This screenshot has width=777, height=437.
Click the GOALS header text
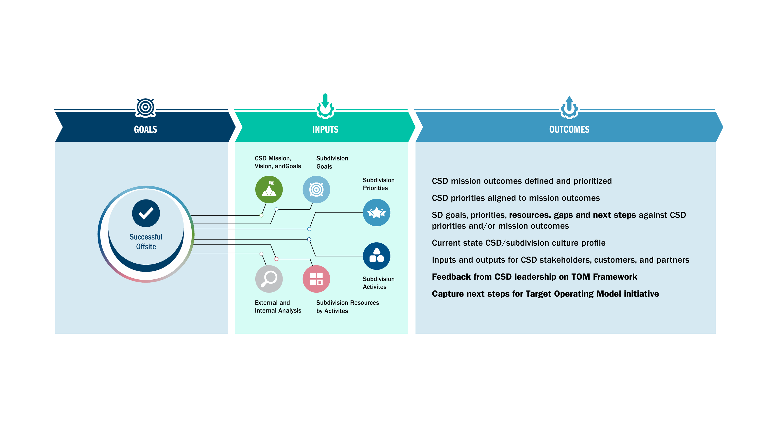145,129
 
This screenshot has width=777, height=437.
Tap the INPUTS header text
325,129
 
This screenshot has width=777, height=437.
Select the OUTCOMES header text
569,129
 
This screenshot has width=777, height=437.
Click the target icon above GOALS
145,108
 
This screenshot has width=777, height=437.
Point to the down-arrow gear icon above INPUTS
325,106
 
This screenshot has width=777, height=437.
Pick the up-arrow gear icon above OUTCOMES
569,107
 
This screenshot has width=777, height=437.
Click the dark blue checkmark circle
146,213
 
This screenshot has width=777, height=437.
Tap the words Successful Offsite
146,242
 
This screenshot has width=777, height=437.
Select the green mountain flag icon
269,189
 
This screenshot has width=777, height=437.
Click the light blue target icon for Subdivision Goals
316,189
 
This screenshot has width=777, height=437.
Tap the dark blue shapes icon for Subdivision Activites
376,256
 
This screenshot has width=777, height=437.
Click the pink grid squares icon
316,279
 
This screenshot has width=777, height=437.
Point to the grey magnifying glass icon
269,279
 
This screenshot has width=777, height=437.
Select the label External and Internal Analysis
278,307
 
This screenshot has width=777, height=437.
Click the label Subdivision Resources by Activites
347,307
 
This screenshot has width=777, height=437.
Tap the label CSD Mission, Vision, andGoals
278,162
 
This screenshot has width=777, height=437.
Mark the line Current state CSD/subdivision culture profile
518,243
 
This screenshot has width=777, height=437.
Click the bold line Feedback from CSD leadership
534,277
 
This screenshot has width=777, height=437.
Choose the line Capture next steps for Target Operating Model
545,294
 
